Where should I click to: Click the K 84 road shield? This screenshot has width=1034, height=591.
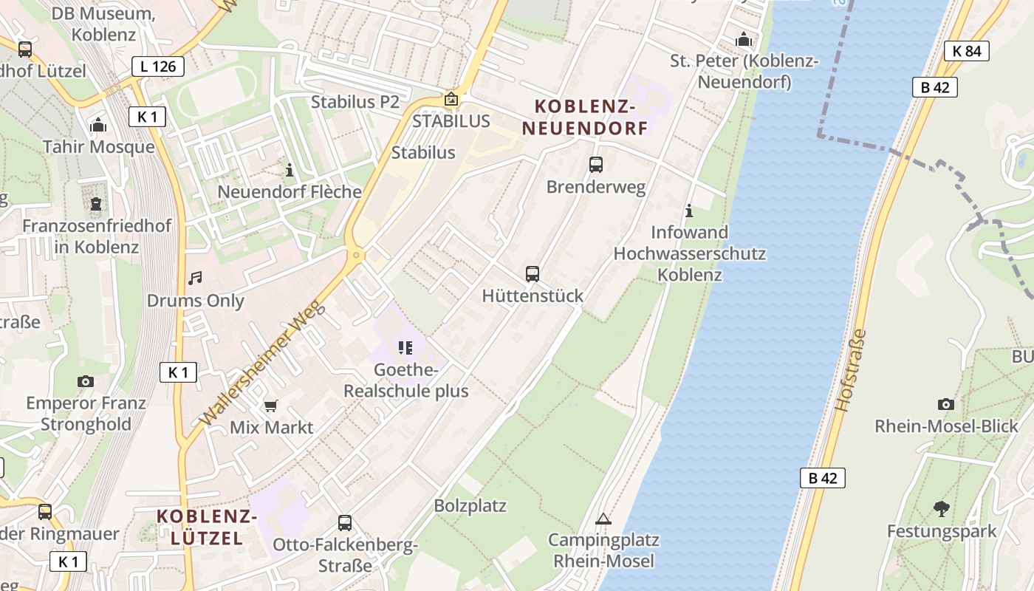click(966, 51)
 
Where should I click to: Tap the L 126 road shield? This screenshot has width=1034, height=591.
click(158, 66)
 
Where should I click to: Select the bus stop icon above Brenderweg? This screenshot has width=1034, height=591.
click(596, 165)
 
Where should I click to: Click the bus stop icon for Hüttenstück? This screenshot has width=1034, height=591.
click(533, 274)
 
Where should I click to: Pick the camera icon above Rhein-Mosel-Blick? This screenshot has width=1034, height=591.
click(945, 404)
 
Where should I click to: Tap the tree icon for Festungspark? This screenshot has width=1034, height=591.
click(941, 508)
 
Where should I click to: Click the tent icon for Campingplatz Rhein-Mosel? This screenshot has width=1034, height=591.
click(603, 519)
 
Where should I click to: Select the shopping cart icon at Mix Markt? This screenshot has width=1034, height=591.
click(271, 406)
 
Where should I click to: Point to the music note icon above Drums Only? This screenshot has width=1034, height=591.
click(195, 279)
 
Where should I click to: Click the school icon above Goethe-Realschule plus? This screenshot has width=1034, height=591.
click(405, 347)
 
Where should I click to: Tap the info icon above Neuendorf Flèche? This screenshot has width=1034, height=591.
click(290, 170)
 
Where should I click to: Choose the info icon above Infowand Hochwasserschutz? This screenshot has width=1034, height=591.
click(689, 211)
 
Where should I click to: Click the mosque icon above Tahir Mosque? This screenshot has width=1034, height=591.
click(98, 125)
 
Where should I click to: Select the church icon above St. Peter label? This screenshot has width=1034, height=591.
click(744, 39)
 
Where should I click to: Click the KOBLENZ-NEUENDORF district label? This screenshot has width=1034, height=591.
click(584, 117)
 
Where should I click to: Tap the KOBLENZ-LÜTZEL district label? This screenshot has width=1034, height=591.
click(207, 527)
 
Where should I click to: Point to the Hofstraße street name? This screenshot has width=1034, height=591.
click(850, 370)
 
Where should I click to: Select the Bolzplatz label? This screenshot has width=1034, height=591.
click(470, 506)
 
